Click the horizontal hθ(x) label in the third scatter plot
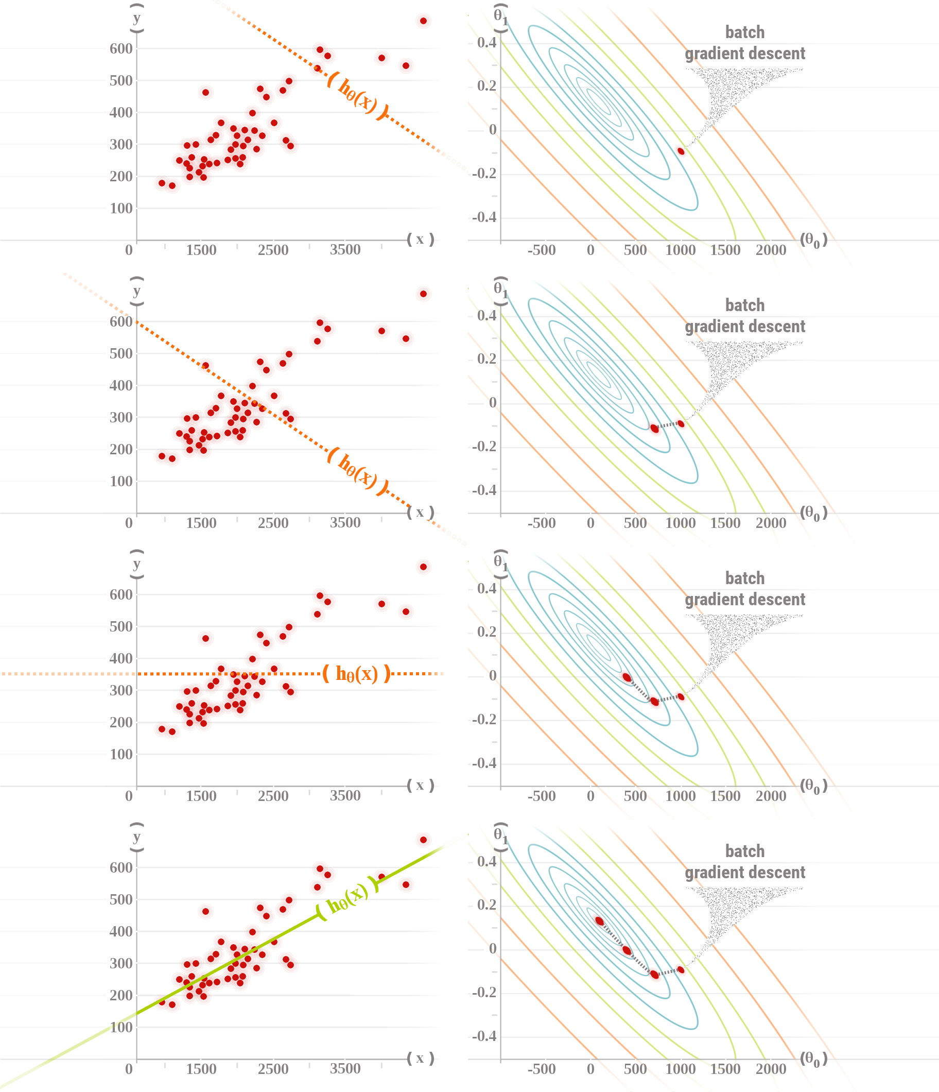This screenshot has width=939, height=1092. pos(357,674)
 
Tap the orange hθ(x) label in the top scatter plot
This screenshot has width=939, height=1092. pos(358,96)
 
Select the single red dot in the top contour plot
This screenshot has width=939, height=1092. pos(681,151)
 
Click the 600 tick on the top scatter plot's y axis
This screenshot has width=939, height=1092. pos(121,48)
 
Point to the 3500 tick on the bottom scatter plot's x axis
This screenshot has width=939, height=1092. pos(345,1068)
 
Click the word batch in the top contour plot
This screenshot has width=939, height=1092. pos(745,32)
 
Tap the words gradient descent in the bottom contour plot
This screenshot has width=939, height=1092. pos(745,872)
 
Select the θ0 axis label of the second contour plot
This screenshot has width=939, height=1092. pos(813,513)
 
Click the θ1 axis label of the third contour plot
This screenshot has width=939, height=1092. pos(500,562)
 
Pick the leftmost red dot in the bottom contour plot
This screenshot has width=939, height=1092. pos(599,920)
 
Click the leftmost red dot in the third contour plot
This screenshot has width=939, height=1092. pos(627,677)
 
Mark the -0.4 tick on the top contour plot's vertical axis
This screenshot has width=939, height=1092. pos(484,217)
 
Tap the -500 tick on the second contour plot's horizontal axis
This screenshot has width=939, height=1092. pos(542,523)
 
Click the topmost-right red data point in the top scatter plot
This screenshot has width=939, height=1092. pos(423,21)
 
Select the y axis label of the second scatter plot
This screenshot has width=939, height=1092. pos(137,291)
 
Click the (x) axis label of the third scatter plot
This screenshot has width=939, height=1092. pos(420,786)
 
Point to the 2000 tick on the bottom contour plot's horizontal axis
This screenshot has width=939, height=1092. pos(771,1069)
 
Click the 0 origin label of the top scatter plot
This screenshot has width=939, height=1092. pos(129,250)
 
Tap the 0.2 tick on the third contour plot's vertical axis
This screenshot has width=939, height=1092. pos(486,632)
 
